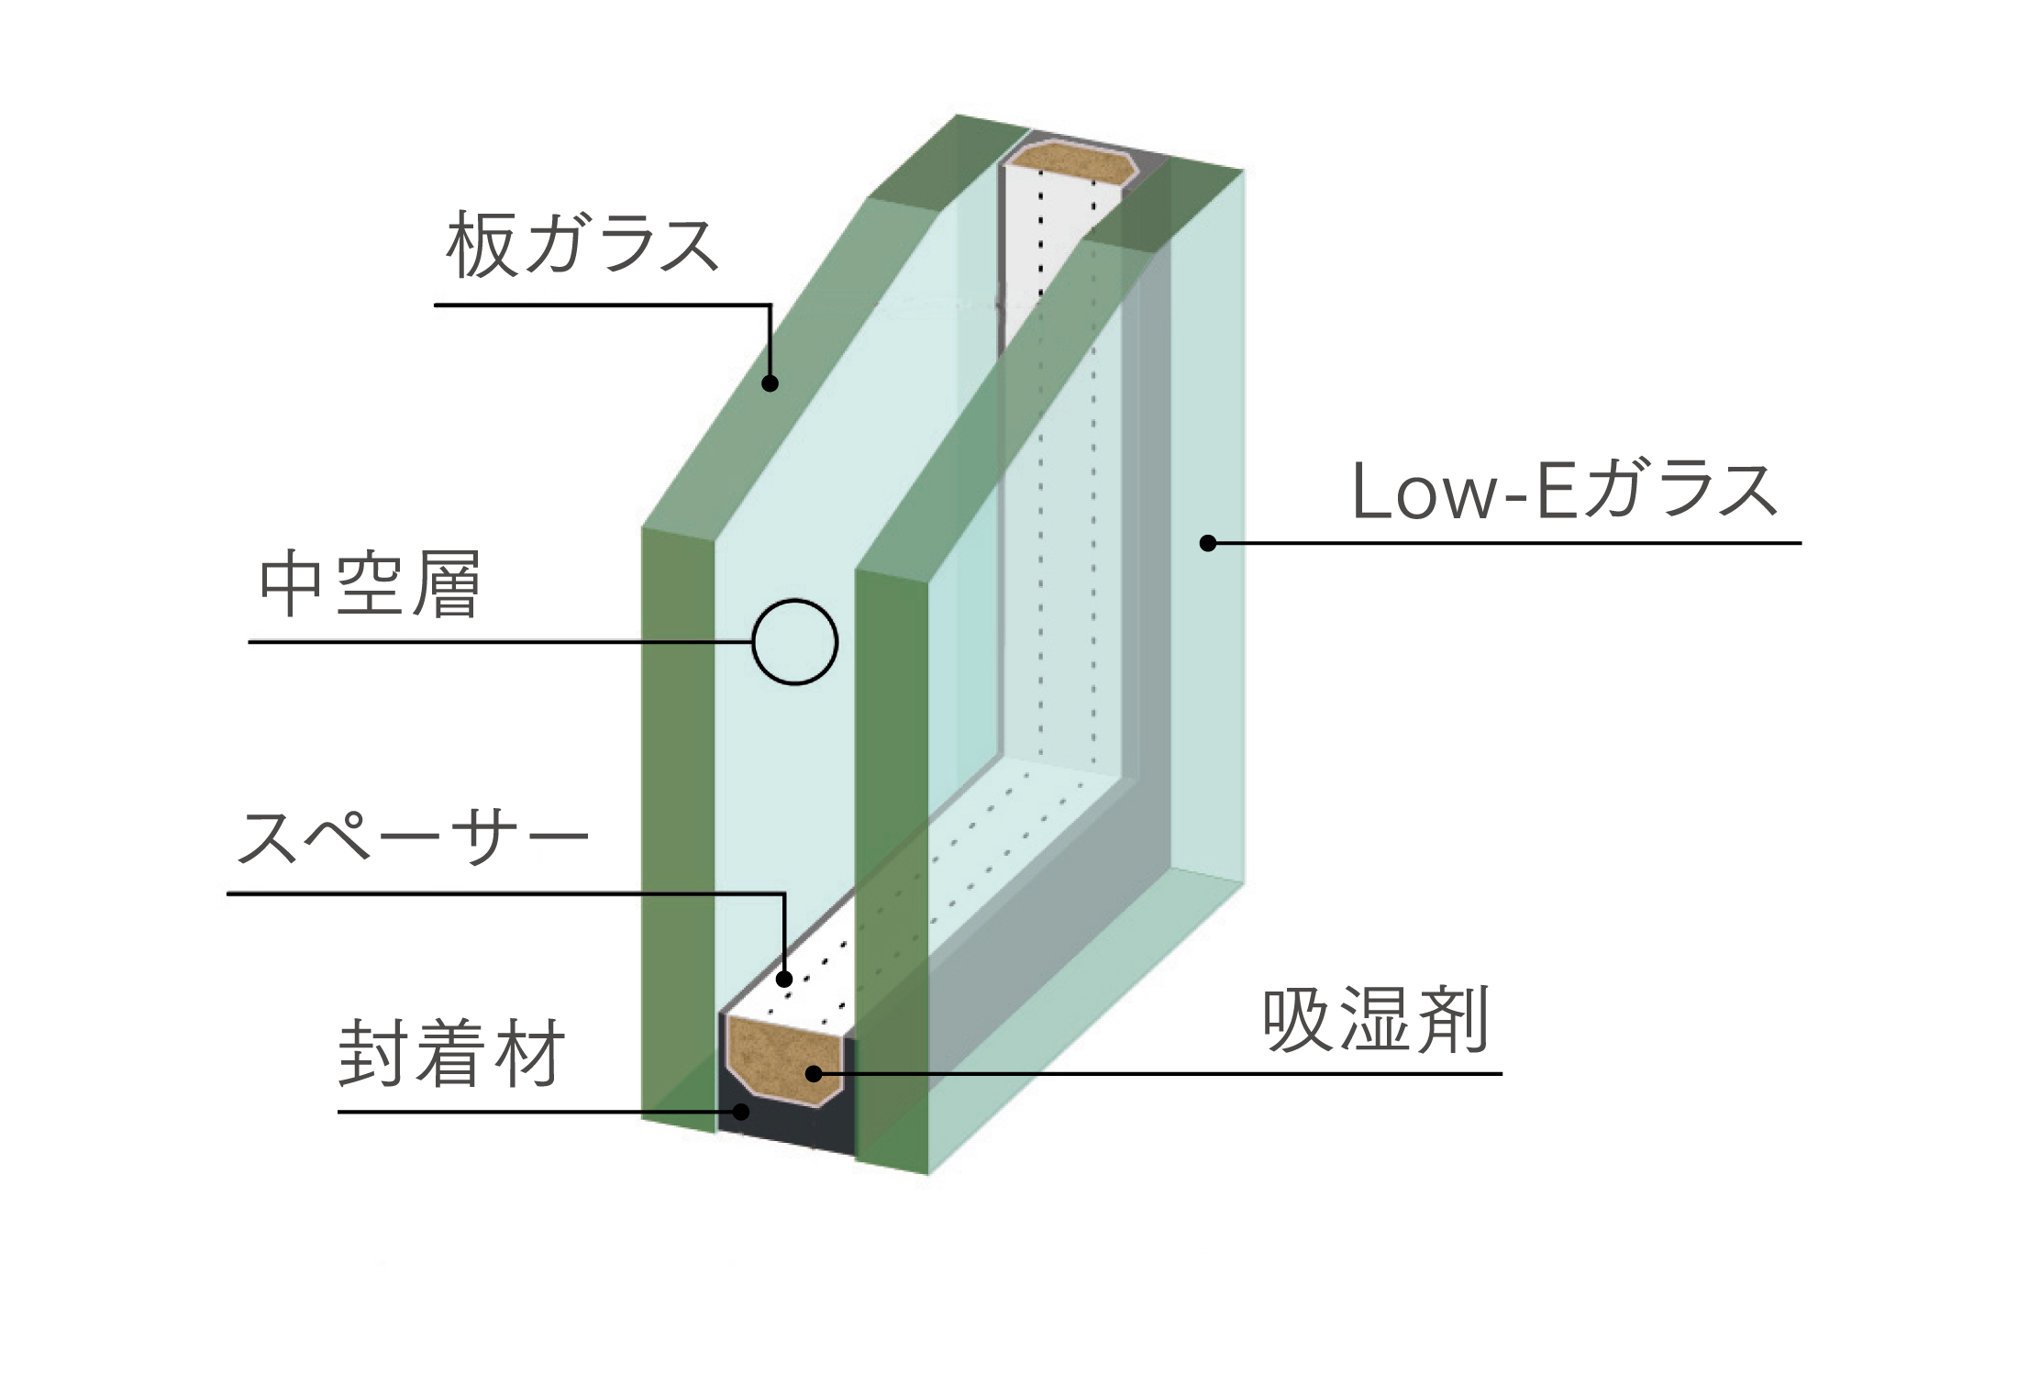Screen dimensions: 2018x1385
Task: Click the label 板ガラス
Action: point(582,244)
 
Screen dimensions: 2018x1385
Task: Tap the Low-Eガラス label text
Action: point(1565,491)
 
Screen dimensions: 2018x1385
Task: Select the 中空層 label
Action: point(371,583)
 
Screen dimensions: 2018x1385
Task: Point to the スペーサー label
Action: point(412,836)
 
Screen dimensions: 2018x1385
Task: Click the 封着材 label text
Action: point(451,1054)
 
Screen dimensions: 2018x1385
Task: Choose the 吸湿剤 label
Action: point(1376,1021)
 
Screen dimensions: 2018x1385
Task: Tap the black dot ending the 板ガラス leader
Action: point(771,383)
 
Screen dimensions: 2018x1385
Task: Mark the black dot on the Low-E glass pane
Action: point(1208,543)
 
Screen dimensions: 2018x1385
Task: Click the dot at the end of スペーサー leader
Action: point(784,980)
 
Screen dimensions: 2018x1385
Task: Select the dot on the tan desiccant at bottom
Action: point(814,1073)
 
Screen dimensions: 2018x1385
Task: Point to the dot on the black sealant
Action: point(741,1112)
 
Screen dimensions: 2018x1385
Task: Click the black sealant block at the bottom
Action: point(787,1125)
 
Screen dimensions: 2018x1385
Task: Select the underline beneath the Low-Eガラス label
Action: point(1505,543)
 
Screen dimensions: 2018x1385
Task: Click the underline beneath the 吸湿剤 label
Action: point(1158,1073)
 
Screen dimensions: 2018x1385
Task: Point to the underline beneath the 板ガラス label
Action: point(602,305)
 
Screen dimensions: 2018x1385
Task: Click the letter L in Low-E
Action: point(1369,492)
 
